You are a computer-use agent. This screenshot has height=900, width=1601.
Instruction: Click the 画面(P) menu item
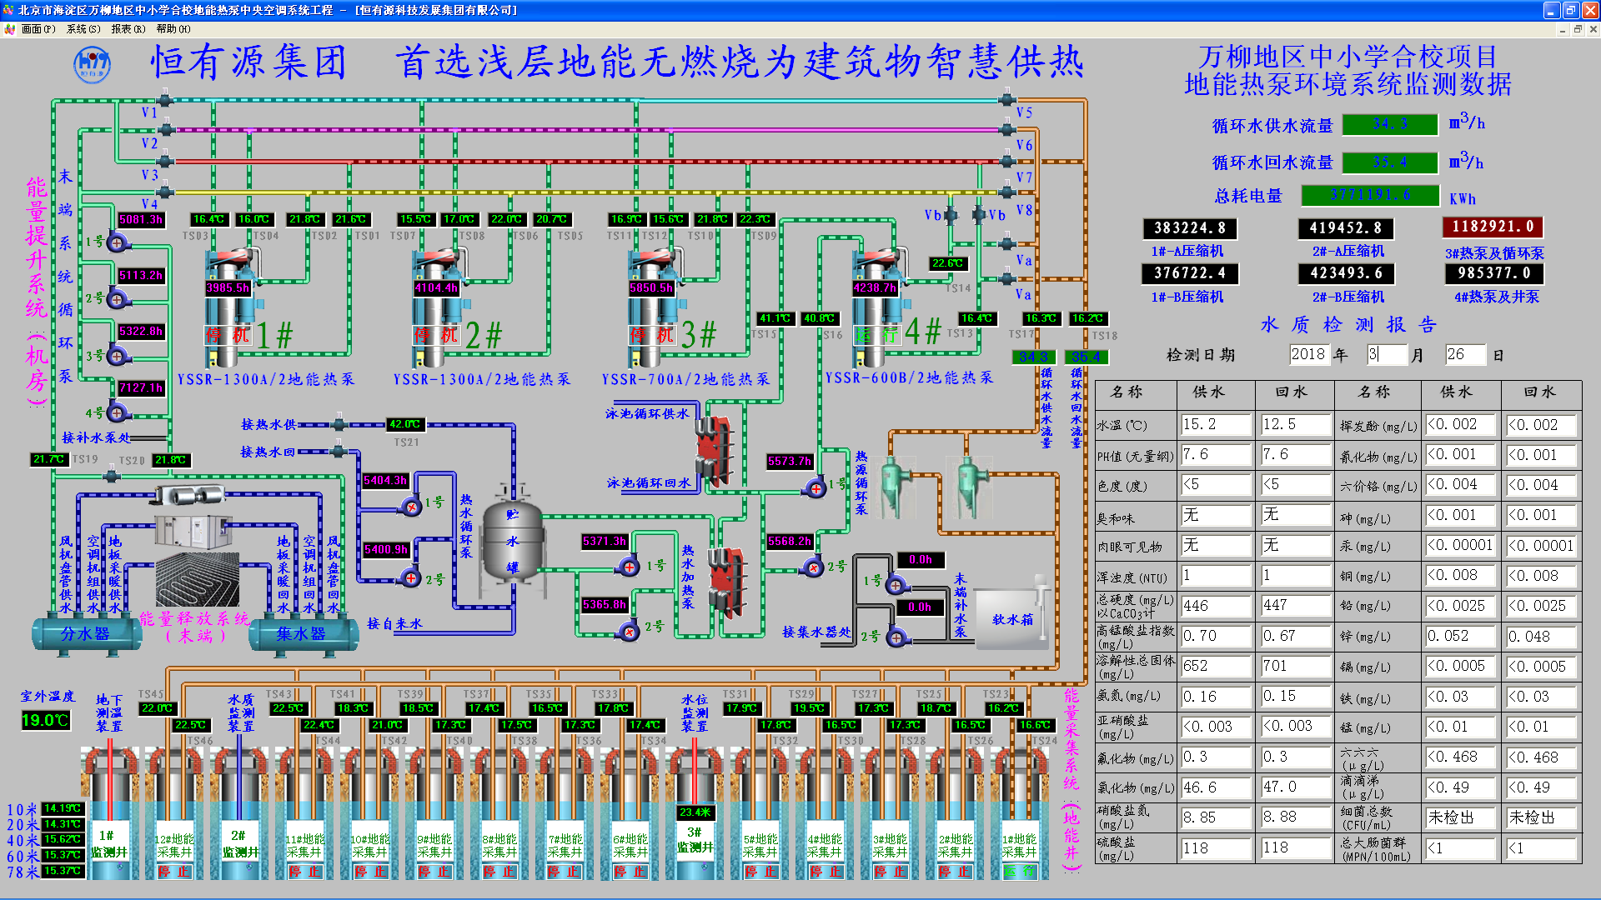click(38, 29)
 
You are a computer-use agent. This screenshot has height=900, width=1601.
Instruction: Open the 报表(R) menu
click(128, 29)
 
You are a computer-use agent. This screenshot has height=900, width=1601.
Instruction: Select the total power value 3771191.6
click(1370, 195)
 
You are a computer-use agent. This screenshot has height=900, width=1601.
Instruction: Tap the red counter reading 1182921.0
click(1493, 227)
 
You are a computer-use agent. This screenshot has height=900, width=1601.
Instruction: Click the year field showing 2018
click(1307, 354)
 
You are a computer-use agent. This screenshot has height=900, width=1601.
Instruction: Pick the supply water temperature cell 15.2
click(1215, 425)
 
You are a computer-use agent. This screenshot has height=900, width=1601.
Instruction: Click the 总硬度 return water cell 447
click(1293, 606)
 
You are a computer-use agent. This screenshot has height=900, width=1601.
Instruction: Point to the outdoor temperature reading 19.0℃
click(45, 720)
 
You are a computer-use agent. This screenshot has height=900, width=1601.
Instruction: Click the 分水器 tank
click(85, 634)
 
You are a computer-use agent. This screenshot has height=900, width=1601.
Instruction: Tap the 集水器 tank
click(301, 634)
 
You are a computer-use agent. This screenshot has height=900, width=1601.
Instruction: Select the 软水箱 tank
click(1012, 619)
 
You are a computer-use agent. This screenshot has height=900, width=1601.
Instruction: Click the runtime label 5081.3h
click(141, 220)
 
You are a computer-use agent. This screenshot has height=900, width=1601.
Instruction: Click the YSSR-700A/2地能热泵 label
click(685, 380)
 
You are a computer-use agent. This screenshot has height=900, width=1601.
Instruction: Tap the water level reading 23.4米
click(695, 812)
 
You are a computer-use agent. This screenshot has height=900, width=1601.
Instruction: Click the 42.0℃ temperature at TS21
click(405, 424)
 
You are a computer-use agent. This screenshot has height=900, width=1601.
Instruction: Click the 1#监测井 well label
click(108, 843)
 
